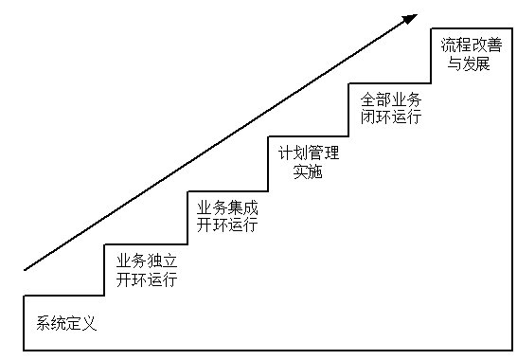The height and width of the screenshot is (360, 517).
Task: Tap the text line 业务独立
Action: pos(147,261)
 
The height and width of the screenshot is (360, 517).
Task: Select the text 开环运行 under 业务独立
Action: pos(147,279)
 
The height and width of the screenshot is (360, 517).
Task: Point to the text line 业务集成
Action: pos(227,207)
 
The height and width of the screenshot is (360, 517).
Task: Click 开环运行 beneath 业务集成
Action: pos(227,225)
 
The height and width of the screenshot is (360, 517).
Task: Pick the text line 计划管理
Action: pos(308,153)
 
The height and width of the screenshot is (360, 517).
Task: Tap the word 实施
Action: pos(308,171)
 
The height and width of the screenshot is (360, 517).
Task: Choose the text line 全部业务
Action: pos(389,99)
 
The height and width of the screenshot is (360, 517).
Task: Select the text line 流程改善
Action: pos(471,45)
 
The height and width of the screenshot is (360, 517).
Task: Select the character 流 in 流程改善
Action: pos(448,45)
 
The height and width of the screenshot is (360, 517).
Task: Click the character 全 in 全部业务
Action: pos(366,99)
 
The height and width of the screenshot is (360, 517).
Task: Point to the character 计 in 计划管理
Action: pos(285,153)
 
